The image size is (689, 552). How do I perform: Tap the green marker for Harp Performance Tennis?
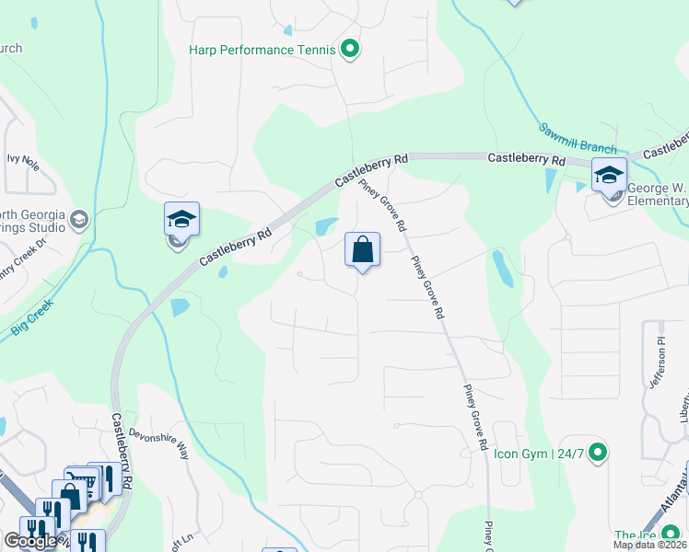click(349, 49)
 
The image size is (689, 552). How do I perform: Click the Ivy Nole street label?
click(23, 159)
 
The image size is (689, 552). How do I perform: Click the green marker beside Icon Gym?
click(598, 452)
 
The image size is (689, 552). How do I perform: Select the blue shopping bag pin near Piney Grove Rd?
click(362, 249)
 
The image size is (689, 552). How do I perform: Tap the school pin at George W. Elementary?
click(609, 175)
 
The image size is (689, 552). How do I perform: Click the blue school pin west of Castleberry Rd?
click(181, 220)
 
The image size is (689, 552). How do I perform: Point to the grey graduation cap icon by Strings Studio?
click(79, 219)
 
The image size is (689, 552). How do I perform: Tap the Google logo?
click(29, 541)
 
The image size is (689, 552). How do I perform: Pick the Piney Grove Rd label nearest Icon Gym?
click(474, 417)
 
